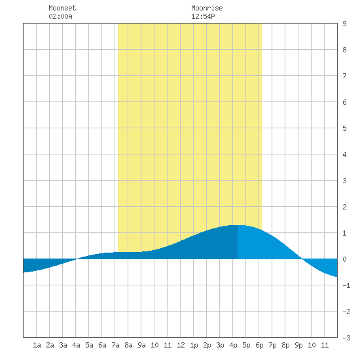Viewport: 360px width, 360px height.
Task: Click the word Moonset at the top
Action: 62,8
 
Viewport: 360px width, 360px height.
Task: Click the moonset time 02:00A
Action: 60,16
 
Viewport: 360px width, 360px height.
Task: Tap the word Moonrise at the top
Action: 207,8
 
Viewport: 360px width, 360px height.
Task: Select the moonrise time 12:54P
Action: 203,16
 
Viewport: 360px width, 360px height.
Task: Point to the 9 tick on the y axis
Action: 344,24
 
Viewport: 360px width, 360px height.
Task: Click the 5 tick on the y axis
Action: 344,128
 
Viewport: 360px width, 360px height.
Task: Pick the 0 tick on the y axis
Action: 344,259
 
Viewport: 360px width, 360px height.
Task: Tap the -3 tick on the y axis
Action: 346,338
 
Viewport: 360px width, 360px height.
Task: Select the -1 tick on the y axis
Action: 346,285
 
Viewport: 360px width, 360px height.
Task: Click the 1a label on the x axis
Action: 37,345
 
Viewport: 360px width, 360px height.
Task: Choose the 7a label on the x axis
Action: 115,345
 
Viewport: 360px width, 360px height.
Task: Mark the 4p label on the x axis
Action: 233,345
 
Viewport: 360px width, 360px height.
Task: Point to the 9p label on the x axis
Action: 298,345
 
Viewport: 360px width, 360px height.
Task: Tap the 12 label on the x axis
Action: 181,345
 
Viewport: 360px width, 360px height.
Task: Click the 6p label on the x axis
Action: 259,345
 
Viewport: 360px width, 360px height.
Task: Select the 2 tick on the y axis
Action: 344,207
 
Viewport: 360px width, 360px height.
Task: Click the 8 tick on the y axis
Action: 344,50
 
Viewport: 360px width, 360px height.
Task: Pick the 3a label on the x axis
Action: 63,345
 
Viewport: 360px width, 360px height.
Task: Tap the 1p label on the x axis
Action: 194,345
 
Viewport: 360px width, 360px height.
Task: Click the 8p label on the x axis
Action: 285,345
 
